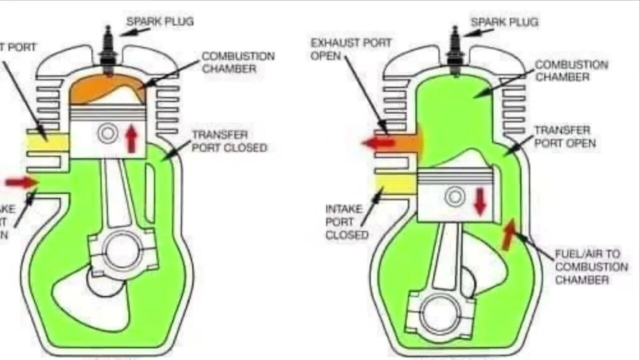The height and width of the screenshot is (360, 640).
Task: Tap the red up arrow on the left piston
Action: click(131, 139)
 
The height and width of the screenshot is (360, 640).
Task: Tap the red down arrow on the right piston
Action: click(480, 201)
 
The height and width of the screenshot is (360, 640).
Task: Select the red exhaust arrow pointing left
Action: click(378, 143)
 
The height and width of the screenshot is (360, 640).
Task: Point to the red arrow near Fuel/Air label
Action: click(508, 234)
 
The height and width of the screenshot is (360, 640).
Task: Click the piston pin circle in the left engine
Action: click(107, 133)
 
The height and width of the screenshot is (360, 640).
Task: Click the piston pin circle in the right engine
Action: click(455, 196)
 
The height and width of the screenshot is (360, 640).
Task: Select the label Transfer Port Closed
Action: click(229, 141)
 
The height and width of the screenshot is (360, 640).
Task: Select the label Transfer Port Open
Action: click(565, 136)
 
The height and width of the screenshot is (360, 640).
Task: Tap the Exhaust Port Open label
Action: click(350, 49)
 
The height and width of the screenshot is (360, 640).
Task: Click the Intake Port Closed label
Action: click(347, 221)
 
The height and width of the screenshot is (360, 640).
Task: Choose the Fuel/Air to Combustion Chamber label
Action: click(591, 266)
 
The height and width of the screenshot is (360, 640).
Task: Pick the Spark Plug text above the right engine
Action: click(504, 22)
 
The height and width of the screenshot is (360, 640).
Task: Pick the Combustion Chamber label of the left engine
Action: click(238, 62)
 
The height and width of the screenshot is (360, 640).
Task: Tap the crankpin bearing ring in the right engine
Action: click(440, 314)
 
